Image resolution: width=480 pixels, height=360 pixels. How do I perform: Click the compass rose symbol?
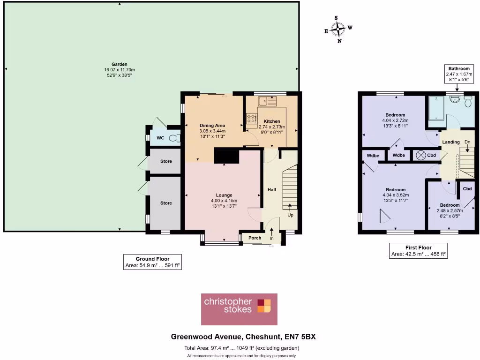[x=338, y=30]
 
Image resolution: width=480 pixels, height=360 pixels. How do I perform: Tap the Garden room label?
[x=119, y=65]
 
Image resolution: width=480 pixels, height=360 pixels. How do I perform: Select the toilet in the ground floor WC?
[x=174, y=138]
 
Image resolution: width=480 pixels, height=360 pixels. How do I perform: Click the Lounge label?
[x=224, y=195]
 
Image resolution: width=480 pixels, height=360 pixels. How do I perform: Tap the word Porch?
[x=255, y=238]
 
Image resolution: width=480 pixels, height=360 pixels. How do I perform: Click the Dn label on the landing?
[x=467, y=142]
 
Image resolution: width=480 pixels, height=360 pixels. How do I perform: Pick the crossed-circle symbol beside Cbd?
[x=420, y=155]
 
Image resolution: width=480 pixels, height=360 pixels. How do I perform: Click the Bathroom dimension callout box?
[x=458, y=74]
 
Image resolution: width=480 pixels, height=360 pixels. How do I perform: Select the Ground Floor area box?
[x=152, y=262]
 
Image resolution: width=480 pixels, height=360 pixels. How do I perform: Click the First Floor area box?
[x=418, y=251]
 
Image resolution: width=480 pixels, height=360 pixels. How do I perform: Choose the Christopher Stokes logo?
[x=239, y=309]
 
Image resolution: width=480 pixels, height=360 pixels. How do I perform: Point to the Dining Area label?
[x=212, y=126]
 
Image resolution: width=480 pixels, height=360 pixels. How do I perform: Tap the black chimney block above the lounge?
[x=226, y=156]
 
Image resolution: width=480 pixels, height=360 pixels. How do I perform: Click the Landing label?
[x=450, y=142]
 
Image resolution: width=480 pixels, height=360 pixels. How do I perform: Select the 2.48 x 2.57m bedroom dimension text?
[x=449, y=211]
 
